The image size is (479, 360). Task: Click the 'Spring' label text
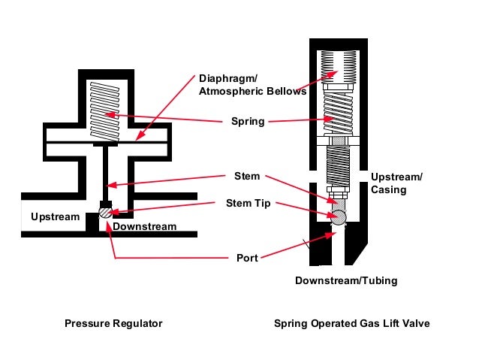click(248, 121)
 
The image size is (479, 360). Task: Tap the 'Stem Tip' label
click(248, 203)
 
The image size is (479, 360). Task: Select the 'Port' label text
click(247, 258)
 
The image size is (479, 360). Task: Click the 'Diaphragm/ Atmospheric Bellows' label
click(252, 85)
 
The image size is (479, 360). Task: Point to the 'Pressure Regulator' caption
click(113, 323)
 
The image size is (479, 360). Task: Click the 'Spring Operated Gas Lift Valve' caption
click(351, 323)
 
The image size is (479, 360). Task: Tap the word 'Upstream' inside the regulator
click(56, 217)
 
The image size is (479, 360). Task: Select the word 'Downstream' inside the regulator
click(144, 226)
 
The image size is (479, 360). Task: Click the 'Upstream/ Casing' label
click(396, 183)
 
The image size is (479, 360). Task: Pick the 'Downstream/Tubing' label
click(346, 280)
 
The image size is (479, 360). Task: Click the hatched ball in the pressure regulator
click(106, 212)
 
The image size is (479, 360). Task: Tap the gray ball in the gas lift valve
click(339, 218)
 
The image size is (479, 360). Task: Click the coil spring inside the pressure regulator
click(105, 112)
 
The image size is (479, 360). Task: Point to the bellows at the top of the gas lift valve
click(339, 67)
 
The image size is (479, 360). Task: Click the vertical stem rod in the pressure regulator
click(105, 174)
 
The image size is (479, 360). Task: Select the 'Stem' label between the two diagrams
click(247, 176)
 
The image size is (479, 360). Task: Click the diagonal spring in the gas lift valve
click(338, 113)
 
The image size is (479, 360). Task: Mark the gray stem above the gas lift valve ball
click(338, 204)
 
